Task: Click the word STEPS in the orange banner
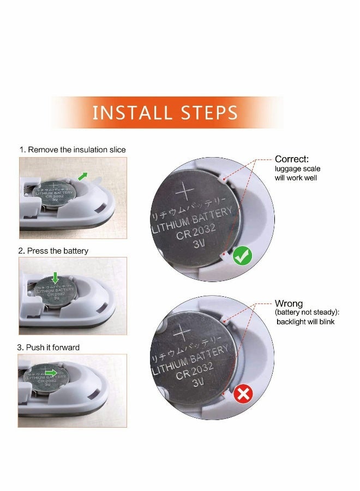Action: pos(209,113)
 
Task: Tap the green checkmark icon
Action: pos(242,255)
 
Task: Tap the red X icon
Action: pos(243,393)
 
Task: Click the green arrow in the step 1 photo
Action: pos(83,176)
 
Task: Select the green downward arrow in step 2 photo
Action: pos(56,278)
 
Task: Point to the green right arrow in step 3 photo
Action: pos(51,373)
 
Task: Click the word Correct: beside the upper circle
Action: pos(291,159)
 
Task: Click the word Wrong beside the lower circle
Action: pos(289,303)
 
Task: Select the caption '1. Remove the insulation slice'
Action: pos(73,149)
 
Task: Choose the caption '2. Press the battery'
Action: pos(53,251)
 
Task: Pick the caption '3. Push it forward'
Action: pos(49,348)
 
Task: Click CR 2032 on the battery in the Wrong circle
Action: pos(194,370)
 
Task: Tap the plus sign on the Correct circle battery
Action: pos(185,191)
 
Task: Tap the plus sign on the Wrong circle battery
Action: pos(182,333)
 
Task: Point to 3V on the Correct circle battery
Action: pos(199,243)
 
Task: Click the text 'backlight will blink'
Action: pos(305,321)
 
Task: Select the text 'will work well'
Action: pos(296,178)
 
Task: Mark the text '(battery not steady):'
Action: pos(307,313)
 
